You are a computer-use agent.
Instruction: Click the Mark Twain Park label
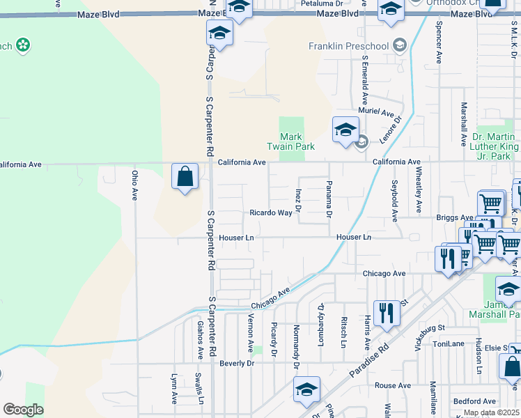pos(291,142)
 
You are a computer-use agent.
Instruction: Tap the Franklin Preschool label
pos(348,47)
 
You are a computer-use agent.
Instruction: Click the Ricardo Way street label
pos(272,213)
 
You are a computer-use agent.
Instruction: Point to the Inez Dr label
pos(297,199)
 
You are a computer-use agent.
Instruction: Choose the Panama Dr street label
pos(329,198)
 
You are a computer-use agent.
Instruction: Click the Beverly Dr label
pos(237,364)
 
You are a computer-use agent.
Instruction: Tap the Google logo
pos(23,410)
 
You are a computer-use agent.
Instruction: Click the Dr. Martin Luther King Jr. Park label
pos(496,147)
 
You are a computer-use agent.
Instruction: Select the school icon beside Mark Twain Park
pos(345,130)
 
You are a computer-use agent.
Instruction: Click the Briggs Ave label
pos(454,218)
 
